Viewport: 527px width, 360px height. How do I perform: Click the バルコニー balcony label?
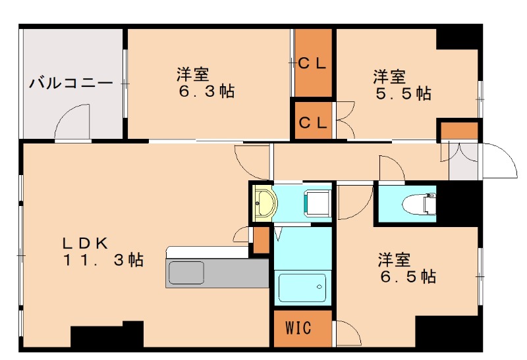point(71,83)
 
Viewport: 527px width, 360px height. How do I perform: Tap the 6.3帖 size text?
point(206,91)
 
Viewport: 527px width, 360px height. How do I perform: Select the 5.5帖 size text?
point(403,93)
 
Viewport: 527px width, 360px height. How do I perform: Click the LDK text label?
point(86,242)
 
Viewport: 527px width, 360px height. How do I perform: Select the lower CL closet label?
point(314,121)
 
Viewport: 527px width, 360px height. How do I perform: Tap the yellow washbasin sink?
point(265,203)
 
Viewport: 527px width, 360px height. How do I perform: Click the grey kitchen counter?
point(217,273)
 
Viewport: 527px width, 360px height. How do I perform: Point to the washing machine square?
point(316,202)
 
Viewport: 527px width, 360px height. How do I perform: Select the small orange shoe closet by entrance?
point(459,130)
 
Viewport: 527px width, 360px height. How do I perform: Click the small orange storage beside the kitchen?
point(262,240)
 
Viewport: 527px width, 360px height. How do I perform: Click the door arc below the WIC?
point(347,334)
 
